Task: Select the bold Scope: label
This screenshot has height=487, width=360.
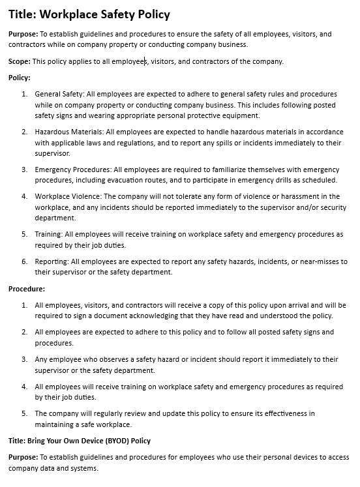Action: pyautogui.click(x=20, y=61)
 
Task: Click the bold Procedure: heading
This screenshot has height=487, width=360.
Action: pyautogui.click(x=26, y=288)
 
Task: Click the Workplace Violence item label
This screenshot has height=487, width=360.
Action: pyautogui.click(x=68, y=196)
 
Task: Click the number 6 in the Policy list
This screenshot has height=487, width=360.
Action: pyautogui.click(x=24, y=261)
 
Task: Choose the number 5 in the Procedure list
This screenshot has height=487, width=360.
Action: pyautogui.click(x=24, y=413)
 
